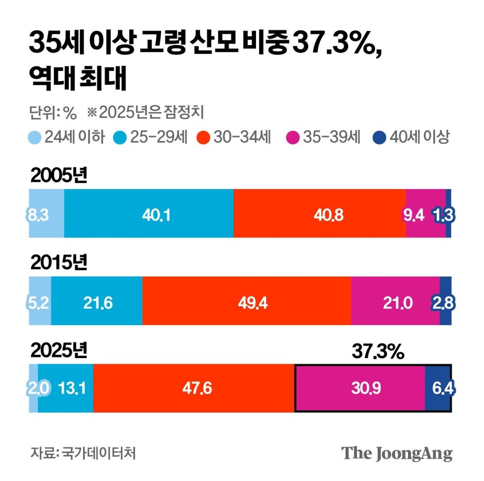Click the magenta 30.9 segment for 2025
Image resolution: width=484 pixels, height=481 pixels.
[x=360, y=389]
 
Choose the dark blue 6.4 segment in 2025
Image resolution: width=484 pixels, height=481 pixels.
[x=439, y=389]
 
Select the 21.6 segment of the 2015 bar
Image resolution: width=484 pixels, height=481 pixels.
[x=97, y=301]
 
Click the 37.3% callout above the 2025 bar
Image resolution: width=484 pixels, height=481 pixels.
[x=378, y=352]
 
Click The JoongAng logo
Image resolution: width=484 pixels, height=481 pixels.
[x=397, y=453]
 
